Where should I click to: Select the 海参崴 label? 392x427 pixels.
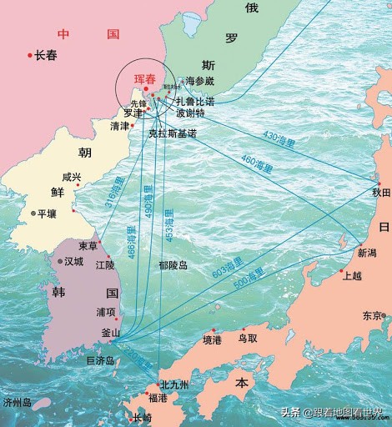(200, 82)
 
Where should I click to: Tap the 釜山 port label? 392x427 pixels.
(110, 333)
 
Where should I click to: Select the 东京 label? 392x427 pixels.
(372, 316)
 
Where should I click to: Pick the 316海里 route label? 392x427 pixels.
(113, 194)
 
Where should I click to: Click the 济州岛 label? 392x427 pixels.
(17, 402)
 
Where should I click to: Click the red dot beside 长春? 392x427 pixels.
(30, 55)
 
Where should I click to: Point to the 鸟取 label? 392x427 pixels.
(248, 339)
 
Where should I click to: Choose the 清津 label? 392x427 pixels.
(120, 126)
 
